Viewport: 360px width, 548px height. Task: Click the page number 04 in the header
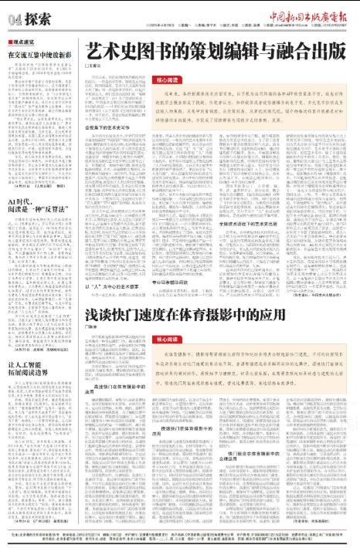pos(10,18)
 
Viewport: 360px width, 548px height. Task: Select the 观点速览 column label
pos(23,42)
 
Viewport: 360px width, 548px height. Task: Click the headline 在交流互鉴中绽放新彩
pos(40,56)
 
